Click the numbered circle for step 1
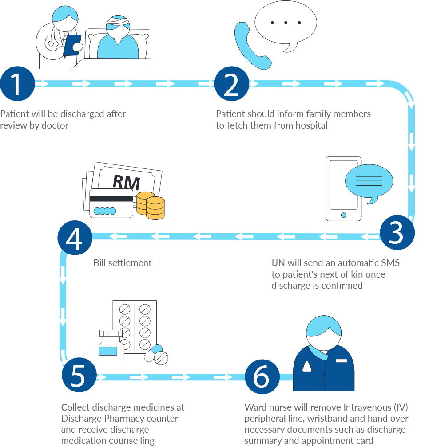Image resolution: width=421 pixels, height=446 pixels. pyautogui.click(x=17, y=84)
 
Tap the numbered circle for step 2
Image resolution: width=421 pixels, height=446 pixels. pyautogui.click(x=231, y=84)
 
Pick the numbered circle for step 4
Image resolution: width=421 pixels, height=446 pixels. pyautogui.click(x=75, y=238)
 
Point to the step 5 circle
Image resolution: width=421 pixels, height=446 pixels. pyautogui.click(x=78, y=376)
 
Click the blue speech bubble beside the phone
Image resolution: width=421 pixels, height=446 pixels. pyautogui.click(x=369, y=182)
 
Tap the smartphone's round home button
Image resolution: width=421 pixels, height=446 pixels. pyautogui.click(x=343, y=215)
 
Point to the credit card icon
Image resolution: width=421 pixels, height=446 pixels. pyautogui.click(x=111, y=203)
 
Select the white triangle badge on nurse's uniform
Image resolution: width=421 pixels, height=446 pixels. pyautogui.click(x=307, y=366)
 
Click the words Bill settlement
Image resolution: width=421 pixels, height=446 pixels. pyautogui.click(x=123, y=263)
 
